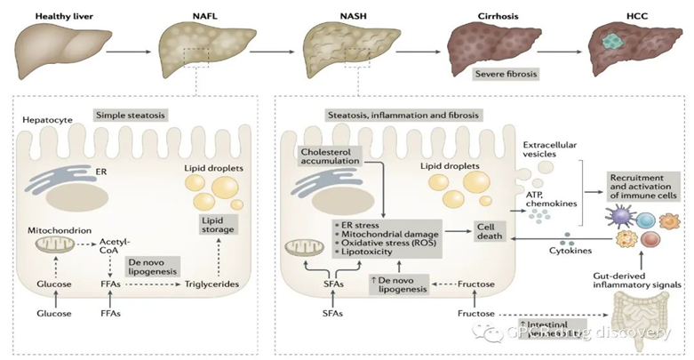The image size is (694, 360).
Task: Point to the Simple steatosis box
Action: pos(129,116)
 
